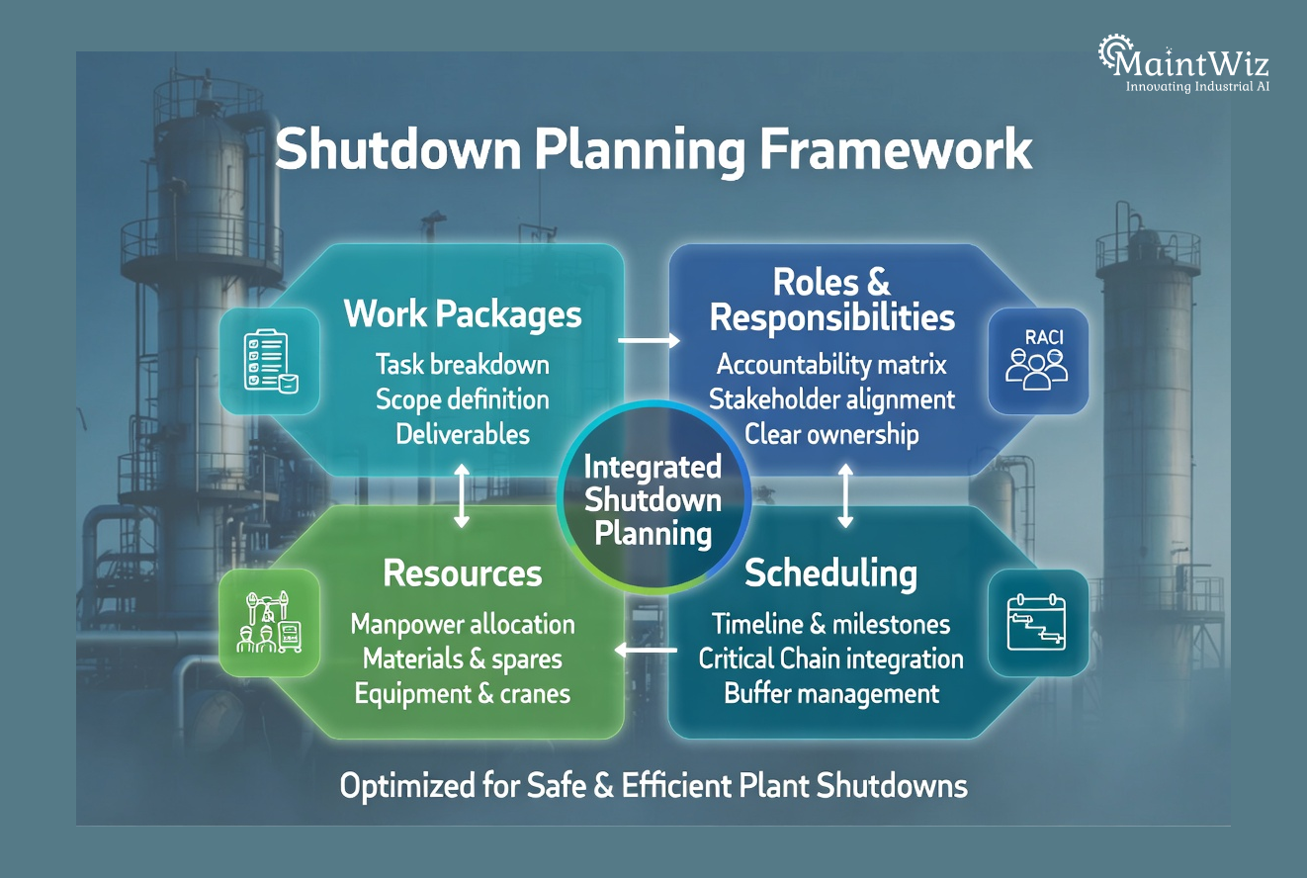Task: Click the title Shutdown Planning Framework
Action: click(653, 151)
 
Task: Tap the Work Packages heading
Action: click(463, 314)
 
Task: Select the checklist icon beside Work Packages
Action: click(270, 359)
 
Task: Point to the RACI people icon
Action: click(1037, 359)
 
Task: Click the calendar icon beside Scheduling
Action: click(1037, 622)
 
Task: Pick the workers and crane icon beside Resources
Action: click(270, 622)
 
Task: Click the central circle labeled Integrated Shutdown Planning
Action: click(653, 499)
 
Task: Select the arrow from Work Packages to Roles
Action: click(649, 341)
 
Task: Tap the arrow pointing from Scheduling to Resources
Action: click(647, 650)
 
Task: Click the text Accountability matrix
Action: click(831, 365)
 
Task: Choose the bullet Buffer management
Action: click(831, 693)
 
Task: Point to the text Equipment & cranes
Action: click(463, 693)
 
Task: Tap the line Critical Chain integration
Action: click(830, 658)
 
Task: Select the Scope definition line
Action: click(463, 399)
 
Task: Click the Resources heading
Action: click(463, 573)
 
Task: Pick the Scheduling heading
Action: click(830, 573)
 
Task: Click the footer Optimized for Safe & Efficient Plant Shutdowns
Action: click(653, 786)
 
